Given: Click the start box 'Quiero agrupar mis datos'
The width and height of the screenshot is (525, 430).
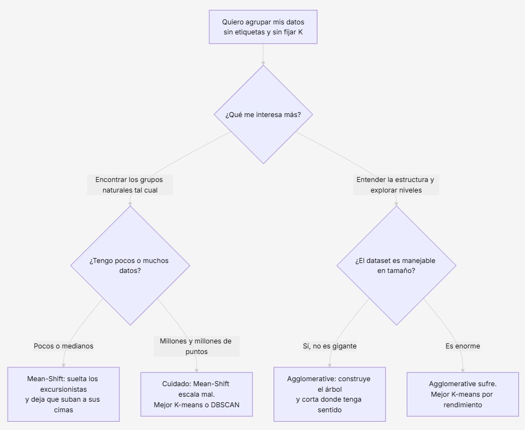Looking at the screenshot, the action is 263,27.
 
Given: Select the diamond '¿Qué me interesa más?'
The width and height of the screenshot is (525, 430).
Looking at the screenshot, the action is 263,114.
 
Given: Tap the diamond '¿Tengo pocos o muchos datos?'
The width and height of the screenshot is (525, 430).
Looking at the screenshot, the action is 130,265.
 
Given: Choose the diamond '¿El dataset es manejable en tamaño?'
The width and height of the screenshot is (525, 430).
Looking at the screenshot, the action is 396,265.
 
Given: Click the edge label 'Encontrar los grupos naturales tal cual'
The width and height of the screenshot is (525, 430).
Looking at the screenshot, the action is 130,185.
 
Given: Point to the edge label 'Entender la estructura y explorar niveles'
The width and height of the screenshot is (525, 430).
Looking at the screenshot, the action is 396,185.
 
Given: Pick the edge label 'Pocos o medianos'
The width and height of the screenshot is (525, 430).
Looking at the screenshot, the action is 64,346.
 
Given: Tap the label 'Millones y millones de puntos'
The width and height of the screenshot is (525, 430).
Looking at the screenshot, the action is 196,346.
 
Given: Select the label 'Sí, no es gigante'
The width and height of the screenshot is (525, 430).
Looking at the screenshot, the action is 330,346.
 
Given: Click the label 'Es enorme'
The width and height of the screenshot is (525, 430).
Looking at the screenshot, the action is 463,346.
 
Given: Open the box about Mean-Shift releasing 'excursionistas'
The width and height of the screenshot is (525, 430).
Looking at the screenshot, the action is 64,394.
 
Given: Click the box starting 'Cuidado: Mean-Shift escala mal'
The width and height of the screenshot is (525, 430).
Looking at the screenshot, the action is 196,394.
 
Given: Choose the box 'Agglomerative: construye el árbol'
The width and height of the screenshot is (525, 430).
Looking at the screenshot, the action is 330,394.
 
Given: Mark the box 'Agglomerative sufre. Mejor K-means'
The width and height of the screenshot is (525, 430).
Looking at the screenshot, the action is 463,394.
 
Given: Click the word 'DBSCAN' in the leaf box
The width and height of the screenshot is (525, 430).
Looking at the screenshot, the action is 225,405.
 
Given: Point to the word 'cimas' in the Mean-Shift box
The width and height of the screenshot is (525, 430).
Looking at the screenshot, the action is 64,410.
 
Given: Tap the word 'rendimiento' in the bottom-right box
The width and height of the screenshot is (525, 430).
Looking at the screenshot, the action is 463,405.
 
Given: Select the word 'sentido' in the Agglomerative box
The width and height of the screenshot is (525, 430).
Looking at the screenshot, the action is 330,410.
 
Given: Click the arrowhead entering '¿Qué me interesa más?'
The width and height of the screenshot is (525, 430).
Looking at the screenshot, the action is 263,63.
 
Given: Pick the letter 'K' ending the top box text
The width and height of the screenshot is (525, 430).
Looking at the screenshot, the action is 300,32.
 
